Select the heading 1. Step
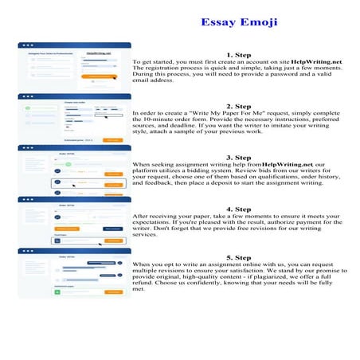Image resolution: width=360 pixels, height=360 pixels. click(x=238, y=54)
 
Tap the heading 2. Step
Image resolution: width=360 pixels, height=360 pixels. click(x=238, y=106)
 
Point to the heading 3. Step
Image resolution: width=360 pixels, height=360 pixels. click(x=238, y=157)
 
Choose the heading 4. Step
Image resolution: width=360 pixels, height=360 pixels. click(x=238, y=209)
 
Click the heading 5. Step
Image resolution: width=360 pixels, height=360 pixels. click(x=238, y=257)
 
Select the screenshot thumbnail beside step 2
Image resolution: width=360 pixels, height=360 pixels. click(x=74, y=118)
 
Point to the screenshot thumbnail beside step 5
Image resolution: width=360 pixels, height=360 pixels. click(x=74, y=272)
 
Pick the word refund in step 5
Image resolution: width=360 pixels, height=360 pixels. click(x=146, y=289)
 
